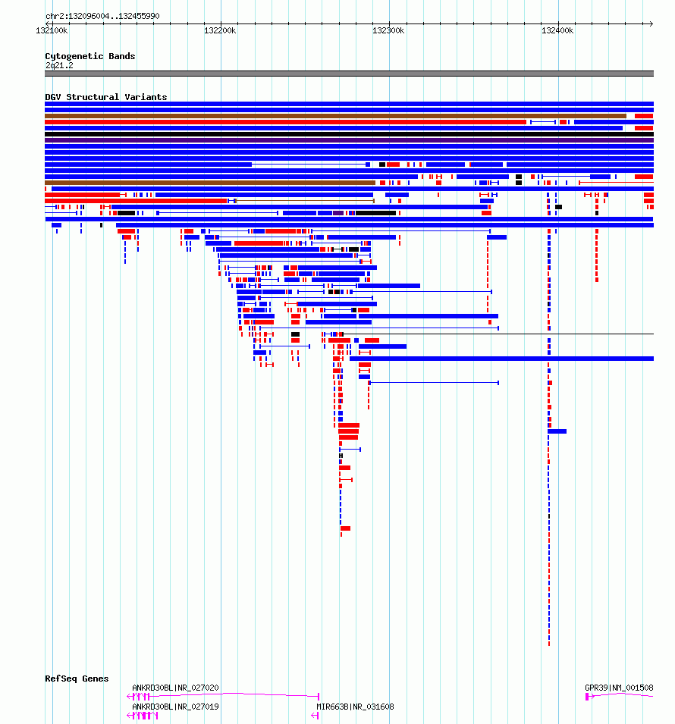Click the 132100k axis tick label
(x=52, y=30)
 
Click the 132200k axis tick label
(x=220, y=30)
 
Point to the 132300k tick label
(x=388, y=30)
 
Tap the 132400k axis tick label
(x=557, y=30)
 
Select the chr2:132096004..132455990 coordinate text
(x=102, y=16)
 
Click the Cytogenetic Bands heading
(x=90, y=56)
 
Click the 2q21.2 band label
(x=59, y=65)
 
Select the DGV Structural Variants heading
(x=106, y=97)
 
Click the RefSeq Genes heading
(x=77, y=679)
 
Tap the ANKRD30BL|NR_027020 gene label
(x=175, y=688)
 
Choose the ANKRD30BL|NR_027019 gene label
(x=175, y=707)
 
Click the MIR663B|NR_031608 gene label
(x=355, y=707)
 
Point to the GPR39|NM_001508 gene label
(x=619, y=688)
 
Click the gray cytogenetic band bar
(x=350, y=74)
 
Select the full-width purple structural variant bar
(x=350, y=140)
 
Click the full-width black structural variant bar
(x=350, y=134)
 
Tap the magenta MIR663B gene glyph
(x=315, y=715)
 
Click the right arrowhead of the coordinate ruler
(x=651, y=24)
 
